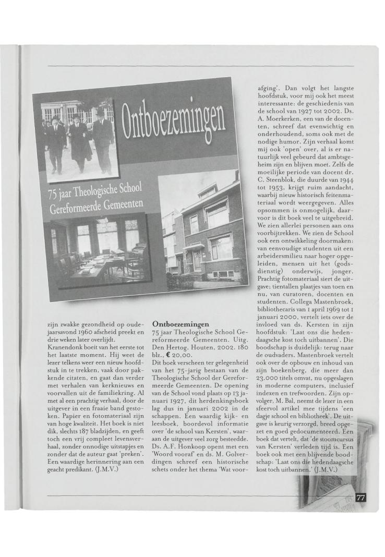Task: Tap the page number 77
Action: pos(360,498)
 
